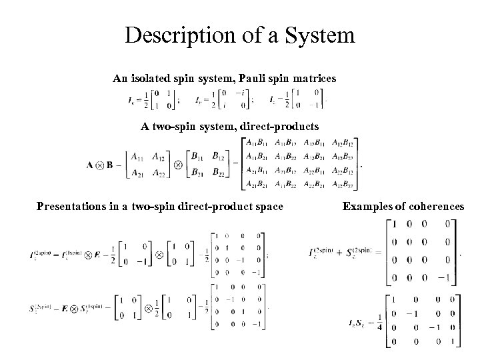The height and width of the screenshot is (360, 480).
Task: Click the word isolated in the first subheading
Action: (x=153, y=79)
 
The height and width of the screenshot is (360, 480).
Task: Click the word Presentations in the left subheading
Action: (x=71, y=207)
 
